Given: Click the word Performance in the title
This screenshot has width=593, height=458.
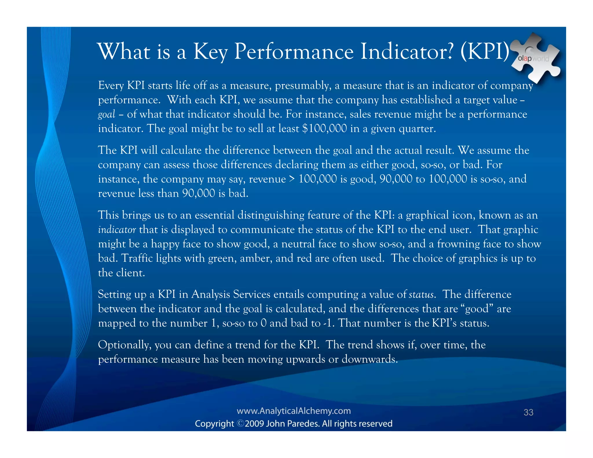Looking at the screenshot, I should pyautogui.click(x=294, y=52).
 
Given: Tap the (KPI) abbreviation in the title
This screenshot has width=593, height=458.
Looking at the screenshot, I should pyautogui.click(x=484, y=52).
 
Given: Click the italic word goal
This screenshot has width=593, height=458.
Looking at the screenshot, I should pyautogui.click(x=107, y=115).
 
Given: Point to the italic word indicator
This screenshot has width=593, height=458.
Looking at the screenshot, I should pyautogui.click(x=117, y=230).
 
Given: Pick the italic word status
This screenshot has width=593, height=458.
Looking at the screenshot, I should pyautogui.click(x=421, y=295).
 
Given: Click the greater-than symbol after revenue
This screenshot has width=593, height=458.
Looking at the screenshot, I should pyautogui.click(x=292, y=179).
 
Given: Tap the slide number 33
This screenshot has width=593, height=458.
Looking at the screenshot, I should pyautogui.click(x=528, y=412).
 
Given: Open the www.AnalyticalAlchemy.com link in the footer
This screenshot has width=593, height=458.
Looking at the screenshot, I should pyautogui.click(x=294, y=411).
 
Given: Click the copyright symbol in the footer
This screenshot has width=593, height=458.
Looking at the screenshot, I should pyautogui.click(x=240, y=424).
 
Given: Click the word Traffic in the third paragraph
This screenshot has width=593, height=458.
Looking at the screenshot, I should pyautogui.click(x=137, y=258).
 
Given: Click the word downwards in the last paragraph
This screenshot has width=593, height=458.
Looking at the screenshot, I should pyautogui.click(x=369, y=359).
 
